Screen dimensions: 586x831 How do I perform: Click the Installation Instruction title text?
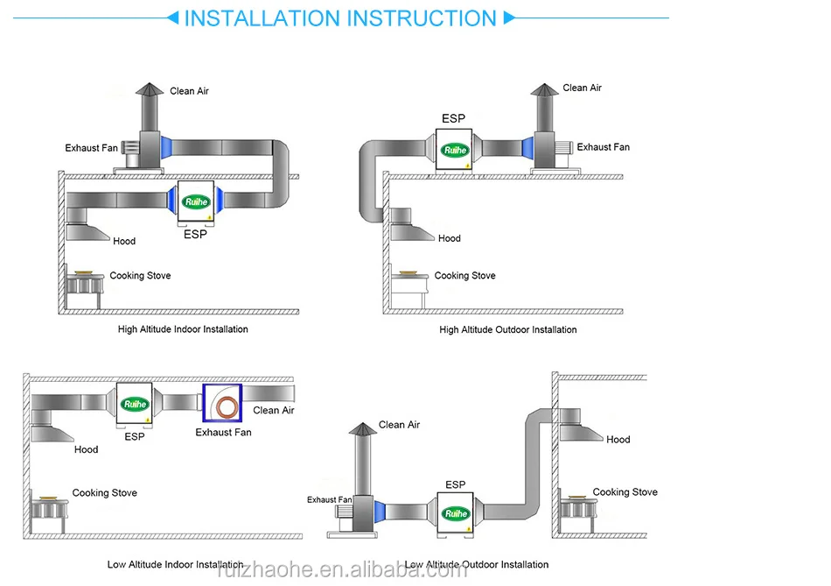point(340,18)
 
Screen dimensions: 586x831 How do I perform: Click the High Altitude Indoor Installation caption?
point(183,329)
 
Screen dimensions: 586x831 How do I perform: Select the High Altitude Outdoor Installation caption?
point(507,329)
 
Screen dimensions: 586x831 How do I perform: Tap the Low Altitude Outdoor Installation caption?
point(477,564)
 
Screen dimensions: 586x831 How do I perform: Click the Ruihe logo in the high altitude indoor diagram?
point(197,202)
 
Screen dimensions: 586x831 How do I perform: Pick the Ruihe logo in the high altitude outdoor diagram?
point(455,150)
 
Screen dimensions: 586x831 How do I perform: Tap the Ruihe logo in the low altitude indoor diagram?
point(136,404)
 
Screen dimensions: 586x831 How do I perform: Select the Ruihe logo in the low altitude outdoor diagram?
point(455,514)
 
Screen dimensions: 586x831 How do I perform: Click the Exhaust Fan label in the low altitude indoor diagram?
point(223,432)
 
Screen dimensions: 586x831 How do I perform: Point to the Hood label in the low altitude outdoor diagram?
point(618,440)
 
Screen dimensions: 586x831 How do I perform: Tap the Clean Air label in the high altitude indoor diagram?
point(189,91)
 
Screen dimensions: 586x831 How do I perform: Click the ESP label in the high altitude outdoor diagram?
point(453,118)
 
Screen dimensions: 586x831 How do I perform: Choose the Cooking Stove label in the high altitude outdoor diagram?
point(464,275)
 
